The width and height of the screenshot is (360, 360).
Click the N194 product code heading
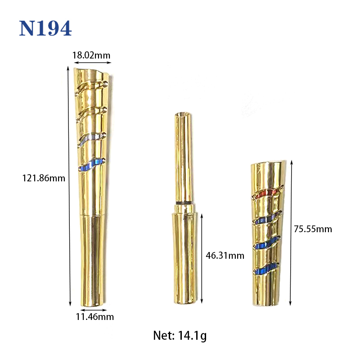coord(45,28)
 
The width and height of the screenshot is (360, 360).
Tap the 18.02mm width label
coord(91,55)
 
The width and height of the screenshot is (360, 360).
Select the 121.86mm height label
coord(44,178)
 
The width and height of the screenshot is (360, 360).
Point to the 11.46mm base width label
coord(95,317)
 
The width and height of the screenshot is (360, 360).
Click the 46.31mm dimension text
coord(225,256)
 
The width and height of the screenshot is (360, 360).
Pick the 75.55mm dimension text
coord(313,229)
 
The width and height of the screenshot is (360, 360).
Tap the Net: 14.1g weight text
coord(180,336)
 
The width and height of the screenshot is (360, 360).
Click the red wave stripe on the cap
coord(266,194)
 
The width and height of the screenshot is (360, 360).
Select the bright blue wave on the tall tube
coord(92,164)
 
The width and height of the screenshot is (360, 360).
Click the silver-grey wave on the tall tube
coord(91,139)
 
